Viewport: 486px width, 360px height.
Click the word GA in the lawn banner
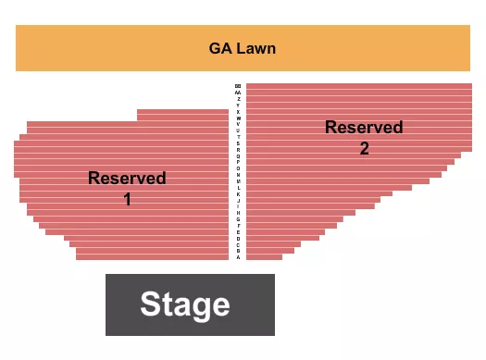click(x=219, y=48)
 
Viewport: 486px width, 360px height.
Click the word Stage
click(x=184, y=304)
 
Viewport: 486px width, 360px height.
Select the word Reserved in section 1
click(x=127, y=178)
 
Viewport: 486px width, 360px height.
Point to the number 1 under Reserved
click(x=127, y=198)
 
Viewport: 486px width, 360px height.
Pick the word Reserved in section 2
click(x=364, y=128)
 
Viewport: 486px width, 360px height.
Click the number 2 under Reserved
click(x=364, y=148)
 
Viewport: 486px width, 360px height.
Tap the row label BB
click(x=238, y=86)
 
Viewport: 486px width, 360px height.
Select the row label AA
click(x=238, y=93)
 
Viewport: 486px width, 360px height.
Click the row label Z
click(x=238, y=99)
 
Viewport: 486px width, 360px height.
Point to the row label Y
click(x=238, y=106)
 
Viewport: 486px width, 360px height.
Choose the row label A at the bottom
click(x=238, y=257)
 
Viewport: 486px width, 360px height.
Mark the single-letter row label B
click(x=238, y=251)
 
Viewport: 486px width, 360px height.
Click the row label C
click(x=238, y=244)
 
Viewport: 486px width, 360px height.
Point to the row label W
click(x=238, y=118)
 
